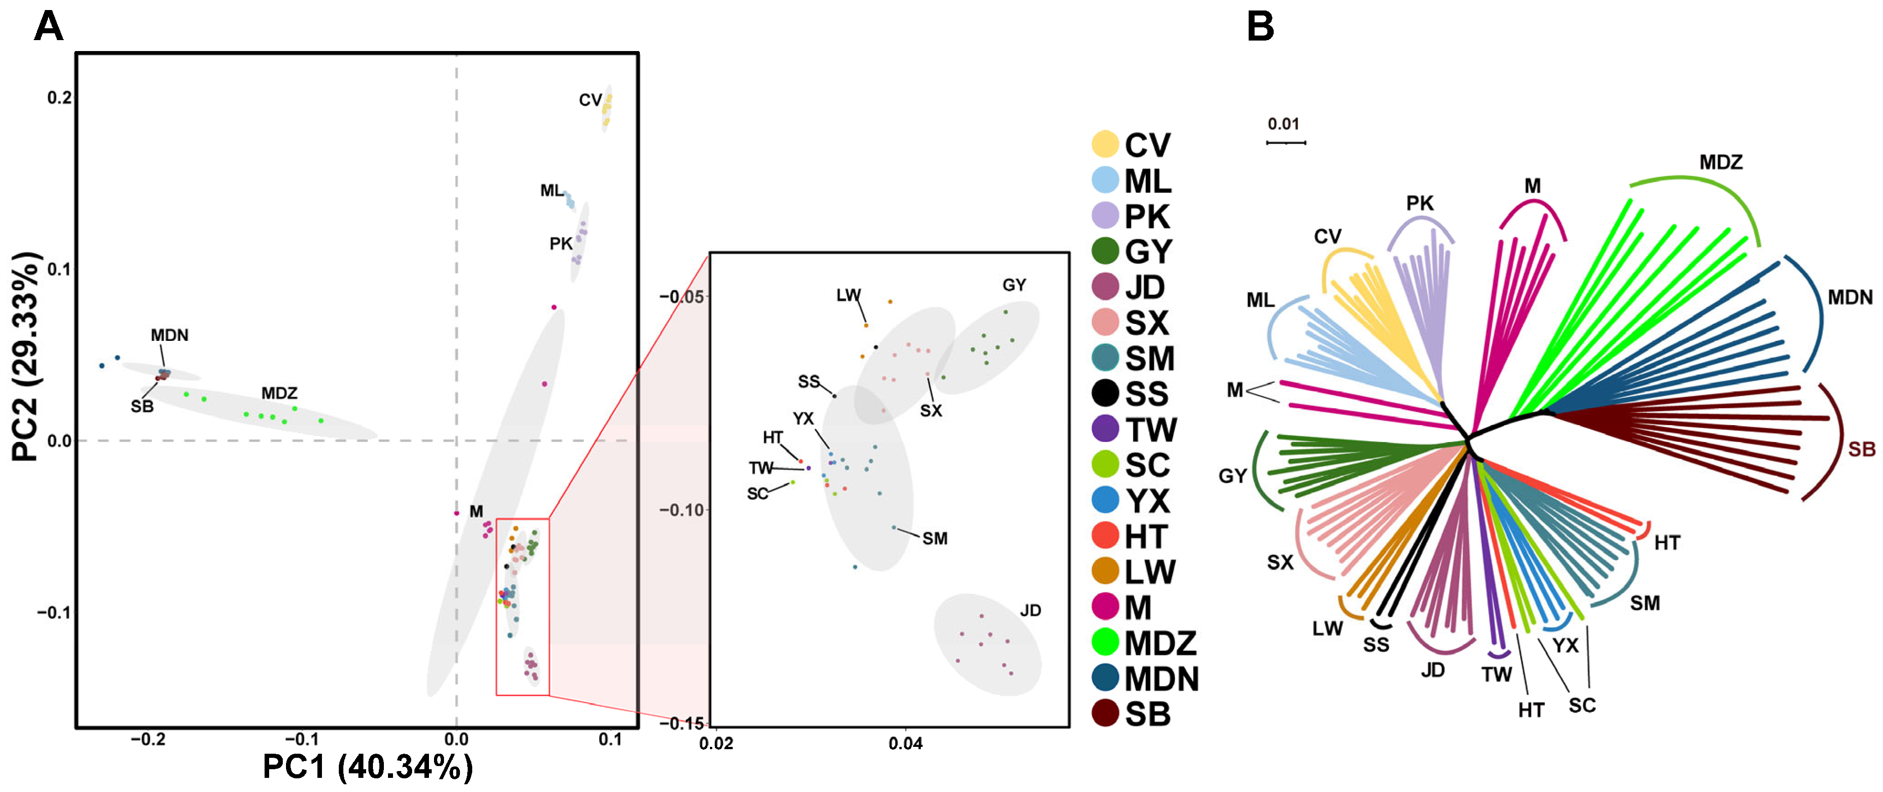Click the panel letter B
click(x=1260, y=28)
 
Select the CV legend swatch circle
click(x=1104, y=144)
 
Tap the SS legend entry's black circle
click(x=1104, y=393)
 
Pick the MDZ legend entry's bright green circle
click(x=1104, y=642)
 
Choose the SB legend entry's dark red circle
click(x=1104, y=713)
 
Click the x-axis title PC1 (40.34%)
click(x=367, y=766)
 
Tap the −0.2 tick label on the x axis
click(x=147, y=739)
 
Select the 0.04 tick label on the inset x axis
click(x=905, y=744)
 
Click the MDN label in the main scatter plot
click(x=169, y=335)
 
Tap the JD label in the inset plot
click(x=1030, y=611)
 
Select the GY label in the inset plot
click(x=1014, y=285)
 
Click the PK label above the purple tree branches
click(x=1419, y=203)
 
